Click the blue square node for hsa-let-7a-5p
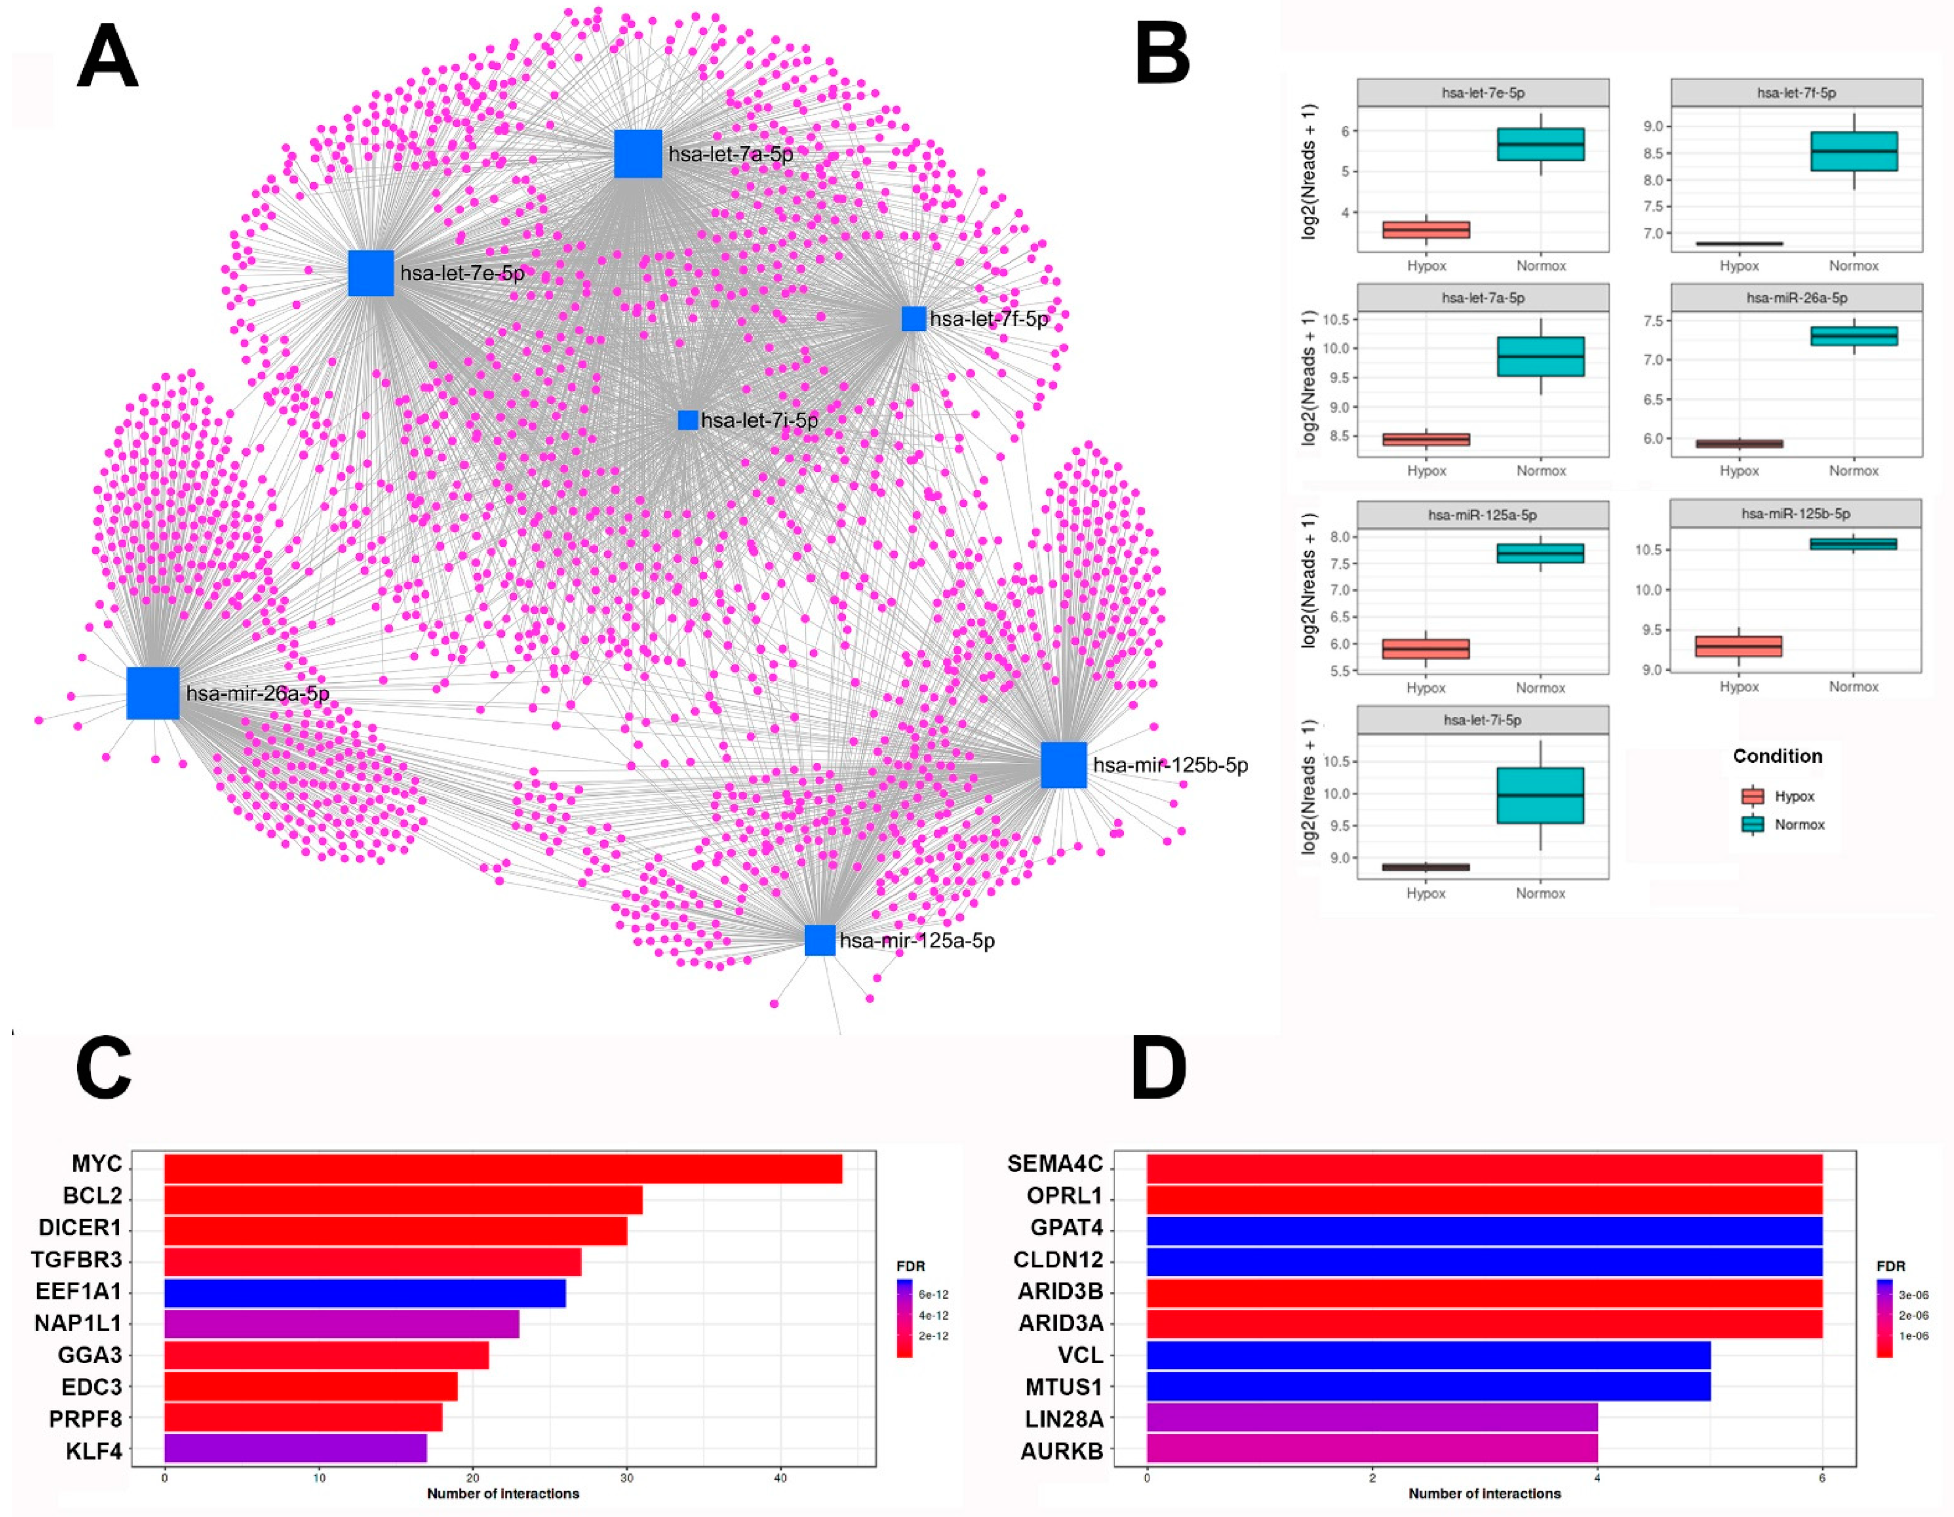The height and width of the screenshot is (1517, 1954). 638,154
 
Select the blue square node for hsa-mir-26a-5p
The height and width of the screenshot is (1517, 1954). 153,693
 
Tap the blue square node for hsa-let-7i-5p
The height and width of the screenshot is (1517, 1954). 687,420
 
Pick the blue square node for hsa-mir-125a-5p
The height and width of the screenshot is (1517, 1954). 819,940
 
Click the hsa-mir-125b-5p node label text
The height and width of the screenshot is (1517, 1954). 1170,765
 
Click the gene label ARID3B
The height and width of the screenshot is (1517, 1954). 1060,1292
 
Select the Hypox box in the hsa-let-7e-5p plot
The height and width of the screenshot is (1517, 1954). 1426,230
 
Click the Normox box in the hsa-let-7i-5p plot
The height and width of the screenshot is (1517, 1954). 1540,795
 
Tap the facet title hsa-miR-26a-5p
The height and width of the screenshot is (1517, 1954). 1796,298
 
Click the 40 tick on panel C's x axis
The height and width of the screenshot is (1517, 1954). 780,1478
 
